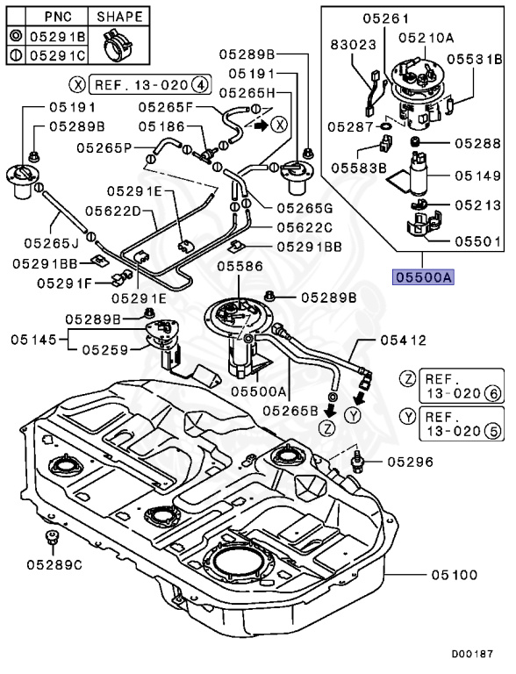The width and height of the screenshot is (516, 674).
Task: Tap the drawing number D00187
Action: click(x=473, y=654)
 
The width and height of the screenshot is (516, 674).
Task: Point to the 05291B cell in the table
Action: click(x=57, y=38)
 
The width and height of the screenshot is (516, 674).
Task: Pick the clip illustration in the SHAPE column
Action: click(x=118, y=47)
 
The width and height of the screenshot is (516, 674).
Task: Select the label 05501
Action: click(x=477, y=239)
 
